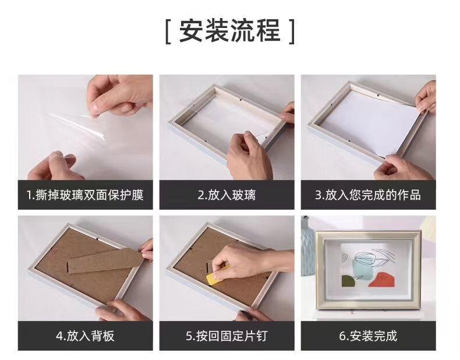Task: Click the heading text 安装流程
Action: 229,31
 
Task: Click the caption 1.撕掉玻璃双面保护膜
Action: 85,195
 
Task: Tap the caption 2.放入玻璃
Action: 227,195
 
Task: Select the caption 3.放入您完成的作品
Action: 368,195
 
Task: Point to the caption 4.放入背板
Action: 85,336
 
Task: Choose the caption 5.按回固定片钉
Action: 227,336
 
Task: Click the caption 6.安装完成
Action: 368,336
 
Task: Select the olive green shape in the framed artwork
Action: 349,281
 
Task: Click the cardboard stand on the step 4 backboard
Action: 105,261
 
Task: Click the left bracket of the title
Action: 168,31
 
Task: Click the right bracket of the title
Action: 291,31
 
